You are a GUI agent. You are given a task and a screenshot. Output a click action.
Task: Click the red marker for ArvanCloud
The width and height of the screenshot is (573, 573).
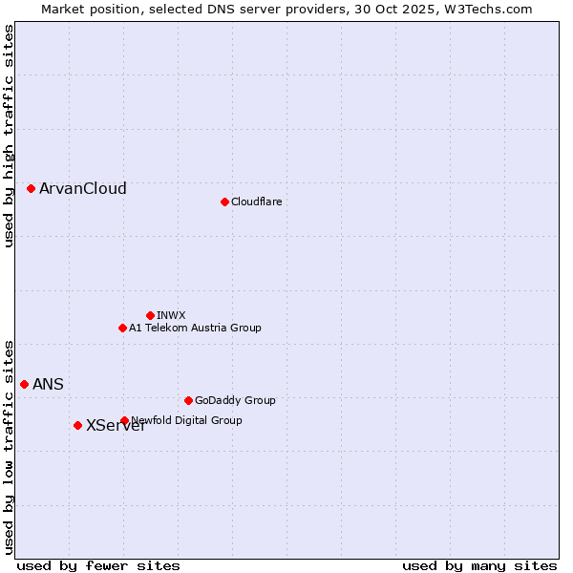[x=32, y=189]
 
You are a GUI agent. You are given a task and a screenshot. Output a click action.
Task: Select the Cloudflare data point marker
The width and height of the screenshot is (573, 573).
[x=224, y=202]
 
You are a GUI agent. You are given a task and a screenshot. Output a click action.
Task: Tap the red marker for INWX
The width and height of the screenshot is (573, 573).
[x=150, y=315]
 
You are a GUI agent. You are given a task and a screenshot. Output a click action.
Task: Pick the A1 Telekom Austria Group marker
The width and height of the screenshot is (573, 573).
[x=122, y=328]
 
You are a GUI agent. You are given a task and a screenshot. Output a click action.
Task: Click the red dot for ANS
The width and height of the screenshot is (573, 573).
[x=25, y=384]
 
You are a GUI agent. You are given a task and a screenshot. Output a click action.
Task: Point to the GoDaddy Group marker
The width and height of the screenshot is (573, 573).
[x=188, y=400]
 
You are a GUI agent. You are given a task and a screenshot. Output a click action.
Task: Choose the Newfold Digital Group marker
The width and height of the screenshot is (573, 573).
[x=124, y=420]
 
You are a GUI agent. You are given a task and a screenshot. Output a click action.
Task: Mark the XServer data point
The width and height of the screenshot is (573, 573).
[x=78, y=425]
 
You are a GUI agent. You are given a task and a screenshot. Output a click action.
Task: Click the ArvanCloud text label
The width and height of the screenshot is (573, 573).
[x=83, y=189]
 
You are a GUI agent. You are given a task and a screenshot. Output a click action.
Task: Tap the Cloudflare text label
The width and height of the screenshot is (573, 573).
[x=257, y=202]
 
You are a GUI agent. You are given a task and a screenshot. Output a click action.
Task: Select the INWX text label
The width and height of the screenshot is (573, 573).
[x=172, y=315]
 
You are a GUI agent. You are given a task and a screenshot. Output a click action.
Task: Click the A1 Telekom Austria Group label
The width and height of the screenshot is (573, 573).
[x=196, y=328]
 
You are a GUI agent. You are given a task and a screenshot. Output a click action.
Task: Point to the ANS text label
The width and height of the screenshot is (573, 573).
[x=49, y=385]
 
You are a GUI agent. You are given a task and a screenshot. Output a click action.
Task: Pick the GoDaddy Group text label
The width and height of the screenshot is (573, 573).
[x=235, y=400]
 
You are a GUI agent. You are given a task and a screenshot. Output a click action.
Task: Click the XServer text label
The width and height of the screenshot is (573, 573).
[x=116, y=426]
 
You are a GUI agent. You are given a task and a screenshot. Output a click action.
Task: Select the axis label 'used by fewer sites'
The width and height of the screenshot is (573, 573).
[x=98, y=565]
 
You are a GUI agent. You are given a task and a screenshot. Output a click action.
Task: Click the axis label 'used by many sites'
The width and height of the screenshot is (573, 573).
[x=479, y=565]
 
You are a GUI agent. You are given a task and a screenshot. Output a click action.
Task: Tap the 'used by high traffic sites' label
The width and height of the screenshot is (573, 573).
[x=10, y=136]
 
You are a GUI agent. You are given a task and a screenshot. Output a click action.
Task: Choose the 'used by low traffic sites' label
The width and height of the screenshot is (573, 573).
[x=10, y=446]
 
